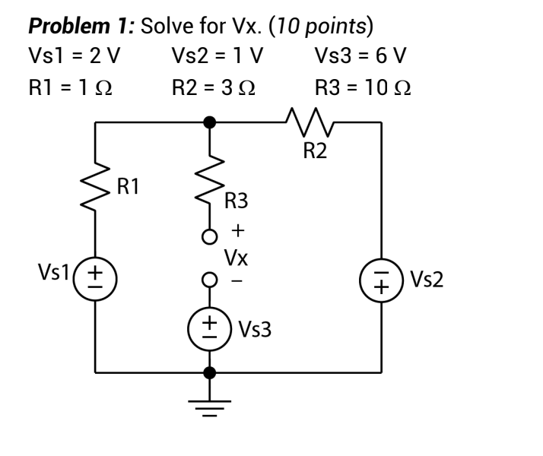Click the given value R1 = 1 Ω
point(71,88)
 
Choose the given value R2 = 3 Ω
point(214,88)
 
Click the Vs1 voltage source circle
point(95,274)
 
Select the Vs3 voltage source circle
point(209,328)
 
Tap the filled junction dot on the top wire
point(209,122)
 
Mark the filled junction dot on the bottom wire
point(209,372)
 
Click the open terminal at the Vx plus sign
point(209,236)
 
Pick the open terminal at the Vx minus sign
point(209,280)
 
